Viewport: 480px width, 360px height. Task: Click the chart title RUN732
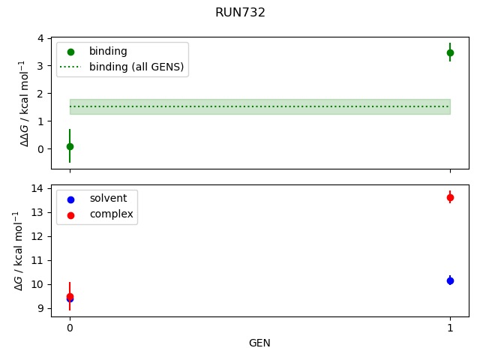[240, 13]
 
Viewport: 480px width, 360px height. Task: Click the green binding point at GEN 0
[70, 146]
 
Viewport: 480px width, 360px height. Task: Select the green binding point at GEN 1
[450, 52]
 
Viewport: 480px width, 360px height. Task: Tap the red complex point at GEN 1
[450, 197]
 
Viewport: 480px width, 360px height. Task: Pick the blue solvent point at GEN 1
[450, 280]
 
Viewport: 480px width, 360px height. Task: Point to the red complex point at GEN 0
[70, 296]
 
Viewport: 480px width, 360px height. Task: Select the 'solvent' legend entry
[108, 198]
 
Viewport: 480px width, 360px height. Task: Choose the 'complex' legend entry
[111, 214]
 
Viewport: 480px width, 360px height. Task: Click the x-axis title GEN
[259, 343]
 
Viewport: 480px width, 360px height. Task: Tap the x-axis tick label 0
[70, 327]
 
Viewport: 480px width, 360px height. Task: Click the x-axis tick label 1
[450, 327]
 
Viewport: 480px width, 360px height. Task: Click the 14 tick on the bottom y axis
[37, 188]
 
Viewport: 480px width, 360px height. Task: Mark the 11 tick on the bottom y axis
[37, 260]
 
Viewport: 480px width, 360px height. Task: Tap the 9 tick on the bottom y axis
[40, 308]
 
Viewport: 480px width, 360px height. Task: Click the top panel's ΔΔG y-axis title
[25, 103]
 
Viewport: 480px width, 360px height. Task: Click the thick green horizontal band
[259, 106]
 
